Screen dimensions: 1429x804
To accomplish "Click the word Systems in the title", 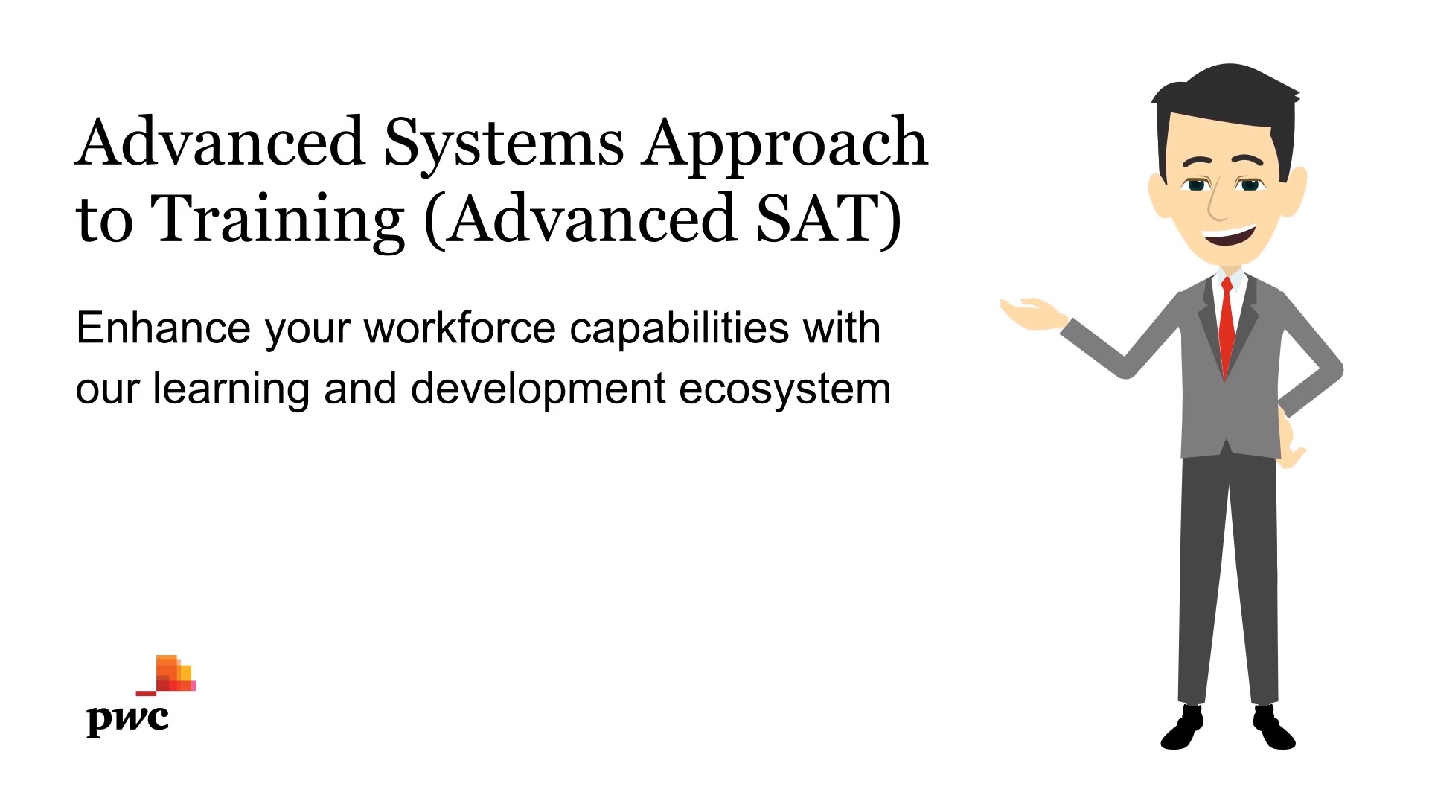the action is pyautogui.click(x=504, y=144).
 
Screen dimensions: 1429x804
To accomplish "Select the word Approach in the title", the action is pyautogui.click(x=786, y=144).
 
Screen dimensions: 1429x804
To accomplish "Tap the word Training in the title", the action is pyautogui.click(x=278, y=220).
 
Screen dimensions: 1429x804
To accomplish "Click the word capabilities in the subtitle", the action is pyautogui.click(x=680, y=329).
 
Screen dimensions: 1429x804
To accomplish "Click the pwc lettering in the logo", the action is pyautogui.click(x=128, y=719).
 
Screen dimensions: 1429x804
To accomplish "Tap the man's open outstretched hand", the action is pyautogui.click(x=1033, y=314).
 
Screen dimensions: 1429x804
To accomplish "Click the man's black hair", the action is pyautogui.click(x=1227, y=112).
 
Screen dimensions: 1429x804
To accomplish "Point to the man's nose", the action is pyautogui.click(x=1218, y=202).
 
